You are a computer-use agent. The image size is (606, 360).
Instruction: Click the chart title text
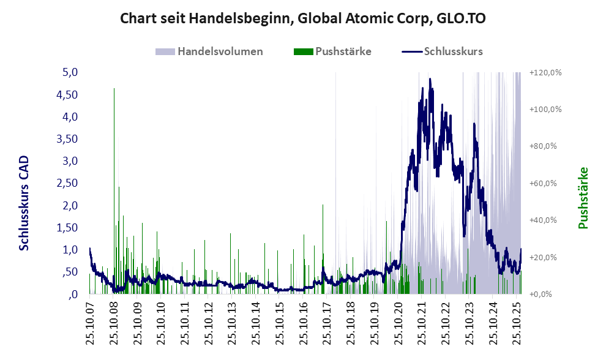[303, 18]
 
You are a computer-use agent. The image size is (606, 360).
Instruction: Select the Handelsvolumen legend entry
[211, 51]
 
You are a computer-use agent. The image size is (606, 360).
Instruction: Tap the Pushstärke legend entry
[334, 51]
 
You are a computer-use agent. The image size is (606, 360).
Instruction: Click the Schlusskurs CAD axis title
[24, 203]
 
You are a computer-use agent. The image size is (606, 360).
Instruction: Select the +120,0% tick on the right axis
[546, 72]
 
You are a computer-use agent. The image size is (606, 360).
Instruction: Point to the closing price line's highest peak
[430, 80]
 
